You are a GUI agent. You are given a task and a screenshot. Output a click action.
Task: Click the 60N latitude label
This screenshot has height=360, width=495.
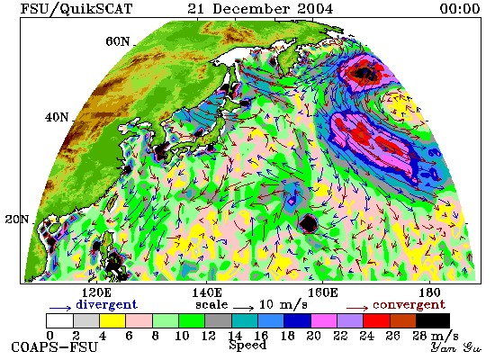tap(117, 41)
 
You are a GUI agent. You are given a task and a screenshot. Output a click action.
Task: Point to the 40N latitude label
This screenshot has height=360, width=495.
tap(57, 118)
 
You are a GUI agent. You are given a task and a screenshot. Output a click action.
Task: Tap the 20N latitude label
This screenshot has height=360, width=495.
tap(17, 220)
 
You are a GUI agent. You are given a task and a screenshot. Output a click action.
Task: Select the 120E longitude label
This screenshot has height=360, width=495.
tap(96, 293)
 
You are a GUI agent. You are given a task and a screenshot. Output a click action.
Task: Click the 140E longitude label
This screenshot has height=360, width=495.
tap(207, 293)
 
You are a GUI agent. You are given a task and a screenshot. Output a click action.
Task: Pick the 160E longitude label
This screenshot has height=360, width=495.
tap(322, 293)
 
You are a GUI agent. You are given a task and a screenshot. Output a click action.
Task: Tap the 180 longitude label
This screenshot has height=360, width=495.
tap(429, 293)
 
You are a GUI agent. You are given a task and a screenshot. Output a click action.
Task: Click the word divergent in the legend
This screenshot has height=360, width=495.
tap(107, 305)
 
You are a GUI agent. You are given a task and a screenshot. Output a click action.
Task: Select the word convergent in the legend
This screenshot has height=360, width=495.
tap(409, 305)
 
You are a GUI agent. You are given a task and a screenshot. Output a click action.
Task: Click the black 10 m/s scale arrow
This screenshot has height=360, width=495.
tap(243, 308)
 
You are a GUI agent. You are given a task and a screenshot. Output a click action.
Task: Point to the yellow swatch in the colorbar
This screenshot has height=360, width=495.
tap(112, 320)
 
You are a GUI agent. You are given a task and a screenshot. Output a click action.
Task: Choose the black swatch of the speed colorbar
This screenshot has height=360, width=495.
tap(433, 320)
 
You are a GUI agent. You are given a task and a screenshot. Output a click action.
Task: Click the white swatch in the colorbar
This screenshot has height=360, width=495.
tap(60, 320)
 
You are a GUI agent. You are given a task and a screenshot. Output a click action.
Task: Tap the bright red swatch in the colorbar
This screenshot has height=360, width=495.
tap(376, 320)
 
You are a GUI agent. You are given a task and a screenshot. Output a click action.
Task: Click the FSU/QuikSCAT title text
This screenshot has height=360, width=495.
tap(76, 9)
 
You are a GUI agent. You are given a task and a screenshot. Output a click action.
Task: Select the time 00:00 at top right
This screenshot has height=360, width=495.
tap(460, 8)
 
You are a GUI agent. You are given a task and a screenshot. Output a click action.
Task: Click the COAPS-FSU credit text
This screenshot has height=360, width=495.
tap(54, 347)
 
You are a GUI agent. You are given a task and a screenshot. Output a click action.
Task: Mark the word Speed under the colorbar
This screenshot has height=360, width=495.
tap(247, 345)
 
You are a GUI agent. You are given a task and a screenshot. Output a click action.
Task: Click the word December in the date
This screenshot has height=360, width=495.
tap(251, 8)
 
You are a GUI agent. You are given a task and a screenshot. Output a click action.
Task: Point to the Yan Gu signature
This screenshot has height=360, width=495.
tap(456, 347)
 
